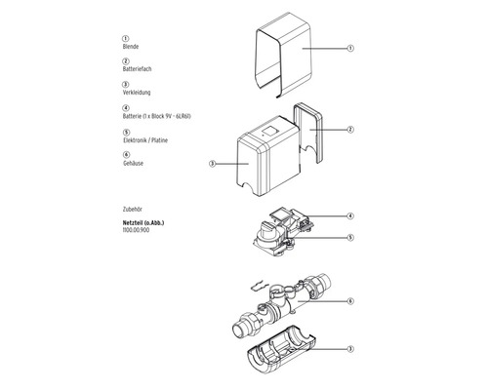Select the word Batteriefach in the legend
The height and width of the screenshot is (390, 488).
[136, 70]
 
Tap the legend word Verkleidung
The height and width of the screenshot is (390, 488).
[136, 93]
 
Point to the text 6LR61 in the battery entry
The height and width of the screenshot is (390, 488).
[195, 116]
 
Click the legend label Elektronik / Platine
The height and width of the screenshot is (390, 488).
[145, 139]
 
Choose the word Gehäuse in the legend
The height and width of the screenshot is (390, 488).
[134, 163]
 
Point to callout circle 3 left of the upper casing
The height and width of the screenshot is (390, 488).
[212, 164]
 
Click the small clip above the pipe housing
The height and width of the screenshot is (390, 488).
[255, 285]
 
